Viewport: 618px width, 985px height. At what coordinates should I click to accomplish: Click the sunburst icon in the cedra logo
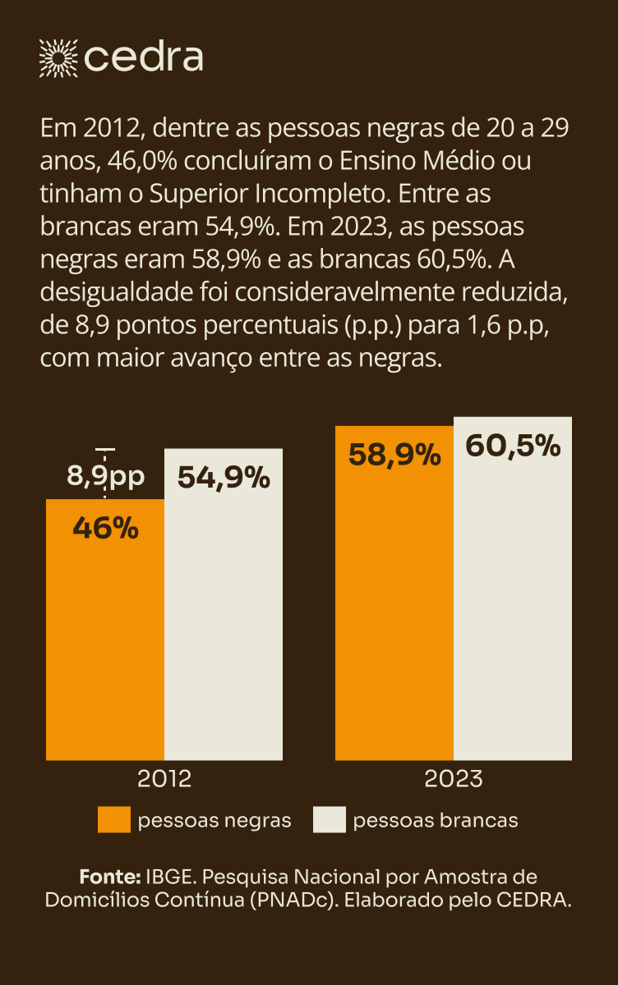(x=58, y=57)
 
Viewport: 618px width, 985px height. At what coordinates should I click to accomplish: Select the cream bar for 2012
(x=224, y=624)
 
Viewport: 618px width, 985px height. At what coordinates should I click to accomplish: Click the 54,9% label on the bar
(x=224, y=477)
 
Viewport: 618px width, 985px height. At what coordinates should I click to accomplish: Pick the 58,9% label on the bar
(x=394, y=454)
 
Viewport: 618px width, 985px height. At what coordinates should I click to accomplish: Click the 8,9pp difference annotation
(x=105, y=476)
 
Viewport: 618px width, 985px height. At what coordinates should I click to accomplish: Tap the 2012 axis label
(x=165, y=778)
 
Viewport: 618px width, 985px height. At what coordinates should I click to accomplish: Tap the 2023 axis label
(x=453, y=778)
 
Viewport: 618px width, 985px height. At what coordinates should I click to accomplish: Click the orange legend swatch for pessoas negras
(x=114, y=820)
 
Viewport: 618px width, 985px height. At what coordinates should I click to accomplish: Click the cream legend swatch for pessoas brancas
(x=330, y=820)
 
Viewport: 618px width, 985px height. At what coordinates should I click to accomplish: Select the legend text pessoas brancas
(x=436, y=820)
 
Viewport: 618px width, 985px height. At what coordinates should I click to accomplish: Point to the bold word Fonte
(x=110, y=875)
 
